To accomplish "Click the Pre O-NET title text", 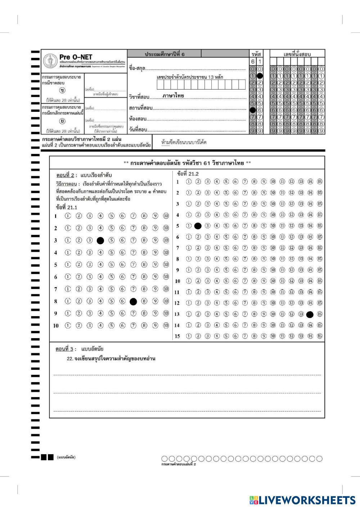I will (x=76, y=57).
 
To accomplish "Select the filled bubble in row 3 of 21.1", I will (x=100, y=240).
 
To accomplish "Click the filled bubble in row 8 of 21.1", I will (x=133, y=301).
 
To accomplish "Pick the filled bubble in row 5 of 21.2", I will (x=198, y=226).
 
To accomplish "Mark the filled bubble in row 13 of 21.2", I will (x=310, y=314).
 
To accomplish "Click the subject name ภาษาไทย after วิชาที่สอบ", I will (x=173, y=96).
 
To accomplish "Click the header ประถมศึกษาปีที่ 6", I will (x=164, y=54).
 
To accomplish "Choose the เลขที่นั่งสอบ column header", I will (x=297, y=54).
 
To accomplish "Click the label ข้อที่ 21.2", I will (x=188, y=174).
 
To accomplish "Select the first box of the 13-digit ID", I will (x=160, y=85).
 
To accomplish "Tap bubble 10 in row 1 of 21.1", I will (x=166, y=216).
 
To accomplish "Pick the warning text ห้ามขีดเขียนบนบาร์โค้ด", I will (x=184, y=142).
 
